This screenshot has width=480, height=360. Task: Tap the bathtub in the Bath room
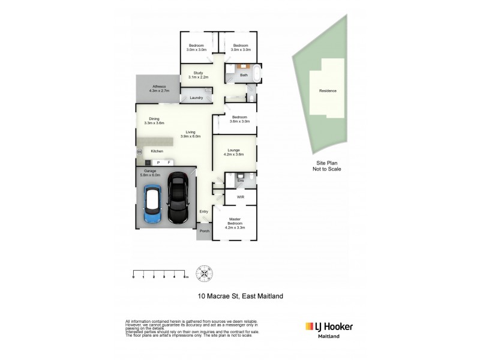(x=257, y=74)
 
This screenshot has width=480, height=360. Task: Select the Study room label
(x=198, y=75)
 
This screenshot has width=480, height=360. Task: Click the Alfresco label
(x=158, y=88)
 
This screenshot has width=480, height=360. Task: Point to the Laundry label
(x=196, y=98)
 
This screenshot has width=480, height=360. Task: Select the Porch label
(x=204, y=231)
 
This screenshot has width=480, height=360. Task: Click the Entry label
(x=204, y=211)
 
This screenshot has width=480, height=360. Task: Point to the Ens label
(x=240, y=180)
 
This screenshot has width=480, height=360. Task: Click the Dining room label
(x=154, y=121)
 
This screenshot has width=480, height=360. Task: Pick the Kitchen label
(x=157, y=151)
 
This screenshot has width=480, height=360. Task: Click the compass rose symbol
(x=206, y=273)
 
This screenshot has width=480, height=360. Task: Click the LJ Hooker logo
(x=329, y=328)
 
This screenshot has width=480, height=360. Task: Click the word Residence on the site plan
(x=328, y=91)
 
